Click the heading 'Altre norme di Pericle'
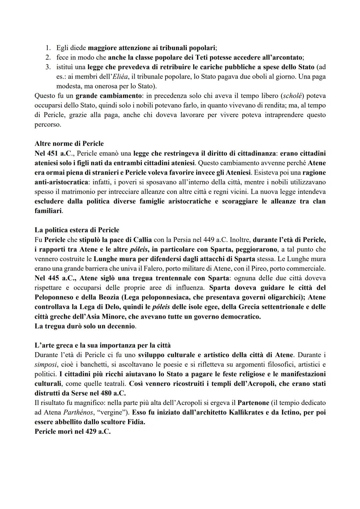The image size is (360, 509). [x=69, y=144]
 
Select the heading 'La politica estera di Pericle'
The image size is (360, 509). [x=77, y=230]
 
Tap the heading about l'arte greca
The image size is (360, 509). [x=102, y=345]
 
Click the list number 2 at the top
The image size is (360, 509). [x=48, y=57]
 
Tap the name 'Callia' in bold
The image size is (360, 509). [x=143, y=240]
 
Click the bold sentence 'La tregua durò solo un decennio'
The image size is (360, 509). [x=85, y=326]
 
